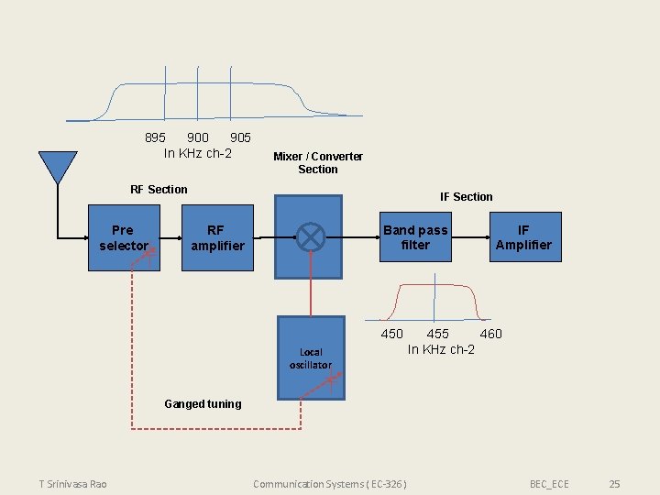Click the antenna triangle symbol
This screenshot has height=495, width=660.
tap(57, 166)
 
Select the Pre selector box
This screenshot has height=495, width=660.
tap(124, 238)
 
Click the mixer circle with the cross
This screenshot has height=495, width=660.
tap(311, 236)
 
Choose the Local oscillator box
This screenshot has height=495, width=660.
tap(311, 357)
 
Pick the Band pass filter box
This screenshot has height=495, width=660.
tap(415, 237)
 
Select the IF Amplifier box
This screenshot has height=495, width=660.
tap(522, 237)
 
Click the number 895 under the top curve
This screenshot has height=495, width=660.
tap(156, 137)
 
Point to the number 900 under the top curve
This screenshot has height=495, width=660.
tap(197, 137)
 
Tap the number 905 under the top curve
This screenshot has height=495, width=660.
tap(240, 137)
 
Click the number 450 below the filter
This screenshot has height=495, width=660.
tap(391, 334)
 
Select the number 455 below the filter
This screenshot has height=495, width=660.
tap(438, 334)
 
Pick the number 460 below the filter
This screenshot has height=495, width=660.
tap(491, 334)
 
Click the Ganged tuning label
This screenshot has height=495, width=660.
tap(203, 404)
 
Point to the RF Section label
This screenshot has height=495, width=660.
tap(159, 190)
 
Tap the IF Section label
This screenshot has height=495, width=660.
tap(466, 197)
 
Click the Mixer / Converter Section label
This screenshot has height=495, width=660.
tap(318, 163)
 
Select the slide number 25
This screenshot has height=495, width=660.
tap(615, 484)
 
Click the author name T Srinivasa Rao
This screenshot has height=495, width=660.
tap(72, 484)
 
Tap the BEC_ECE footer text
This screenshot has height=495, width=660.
tap(549, 484)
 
